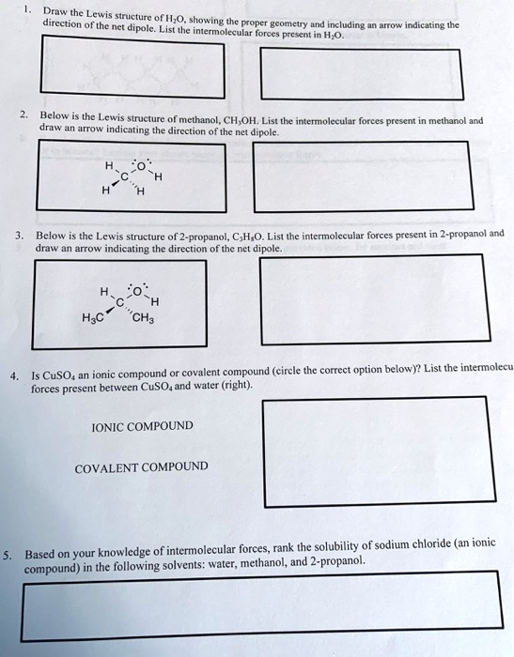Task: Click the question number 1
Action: point(28,10)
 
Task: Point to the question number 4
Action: point(13,375)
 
